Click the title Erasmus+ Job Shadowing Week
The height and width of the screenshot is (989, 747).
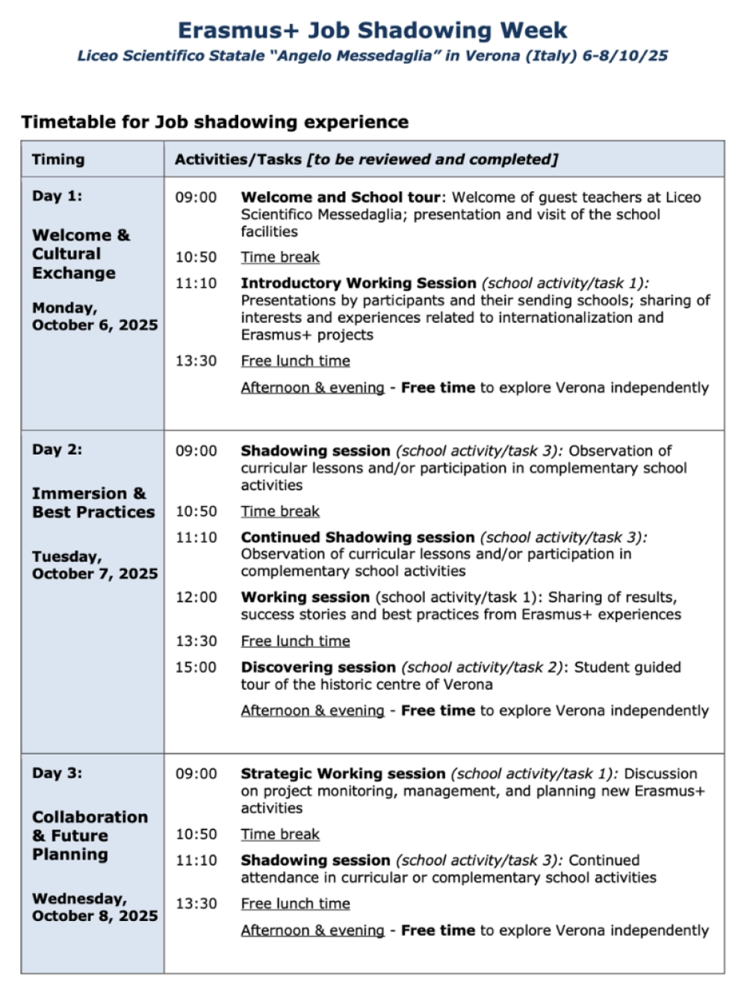click(372, 31)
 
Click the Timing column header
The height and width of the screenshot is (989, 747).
click(58, 159)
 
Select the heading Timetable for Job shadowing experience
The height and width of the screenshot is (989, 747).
click(214, 122)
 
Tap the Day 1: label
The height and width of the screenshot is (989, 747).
click(57, 196)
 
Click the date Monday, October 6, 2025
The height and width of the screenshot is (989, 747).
click(94, 316)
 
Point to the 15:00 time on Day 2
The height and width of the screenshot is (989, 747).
click(196, 667)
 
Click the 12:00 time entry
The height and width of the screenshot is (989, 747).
click(196, 597)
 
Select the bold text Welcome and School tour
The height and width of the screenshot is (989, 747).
click(340, 197)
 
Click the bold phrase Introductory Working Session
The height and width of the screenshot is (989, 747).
click(358, 283)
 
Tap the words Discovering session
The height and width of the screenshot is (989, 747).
click(317, 667)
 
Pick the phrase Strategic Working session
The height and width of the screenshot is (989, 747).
click(342, 774)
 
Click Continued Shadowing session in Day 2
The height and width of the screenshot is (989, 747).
click(357, 537)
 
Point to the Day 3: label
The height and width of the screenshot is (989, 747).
click(57, 773)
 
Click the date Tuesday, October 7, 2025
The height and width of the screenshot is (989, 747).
click(94, 565)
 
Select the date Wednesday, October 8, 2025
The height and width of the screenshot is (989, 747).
click(94, 907)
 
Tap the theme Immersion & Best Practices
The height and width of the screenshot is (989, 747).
click(93, 502)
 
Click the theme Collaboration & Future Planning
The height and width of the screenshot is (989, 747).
click(89, 835)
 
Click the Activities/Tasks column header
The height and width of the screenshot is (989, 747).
click(366, 159)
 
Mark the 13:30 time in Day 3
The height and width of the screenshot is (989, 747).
click(196, 904)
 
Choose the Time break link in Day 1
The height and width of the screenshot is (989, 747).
click(279, 257)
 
